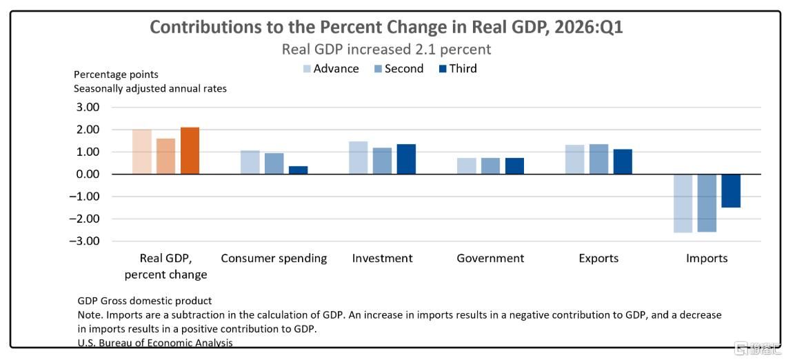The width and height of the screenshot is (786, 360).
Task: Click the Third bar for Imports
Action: [x=731, y=190]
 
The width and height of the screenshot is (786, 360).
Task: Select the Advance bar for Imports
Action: [x=683, y=203]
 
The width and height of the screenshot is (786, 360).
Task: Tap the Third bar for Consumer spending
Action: [x=299, y=170]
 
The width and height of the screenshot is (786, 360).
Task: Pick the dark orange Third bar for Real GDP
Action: [x=190, y=150]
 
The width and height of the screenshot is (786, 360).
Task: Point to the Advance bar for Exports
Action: [x=575, y=159]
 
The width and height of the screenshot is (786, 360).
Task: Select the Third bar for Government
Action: [x=515, y=166]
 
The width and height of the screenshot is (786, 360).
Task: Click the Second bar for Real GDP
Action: [x=166, y=156]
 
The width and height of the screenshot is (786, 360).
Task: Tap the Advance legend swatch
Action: [x=308, y=69]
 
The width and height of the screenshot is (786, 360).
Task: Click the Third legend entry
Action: [x=457, y=69]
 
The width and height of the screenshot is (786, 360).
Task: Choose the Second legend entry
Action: [x=399, y=69]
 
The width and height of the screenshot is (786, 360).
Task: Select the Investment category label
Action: [x=383, y=258]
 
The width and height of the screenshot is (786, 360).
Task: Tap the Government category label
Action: [x=490, y=258]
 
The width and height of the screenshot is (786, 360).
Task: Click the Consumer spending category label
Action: [x=274, y=259]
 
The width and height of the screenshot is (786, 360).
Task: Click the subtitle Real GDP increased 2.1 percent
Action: [x=386, y=50]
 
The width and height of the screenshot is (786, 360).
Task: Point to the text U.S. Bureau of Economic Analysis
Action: [x=155, y=343]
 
